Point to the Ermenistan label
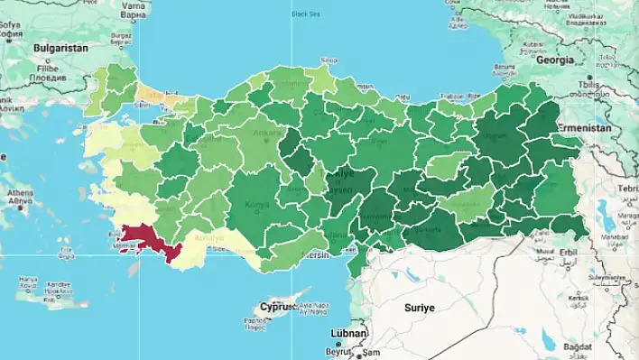tap(608, 128)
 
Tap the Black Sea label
tap(306, 13)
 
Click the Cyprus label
tap(277, 307)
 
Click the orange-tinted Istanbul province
tap(155, 95)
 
